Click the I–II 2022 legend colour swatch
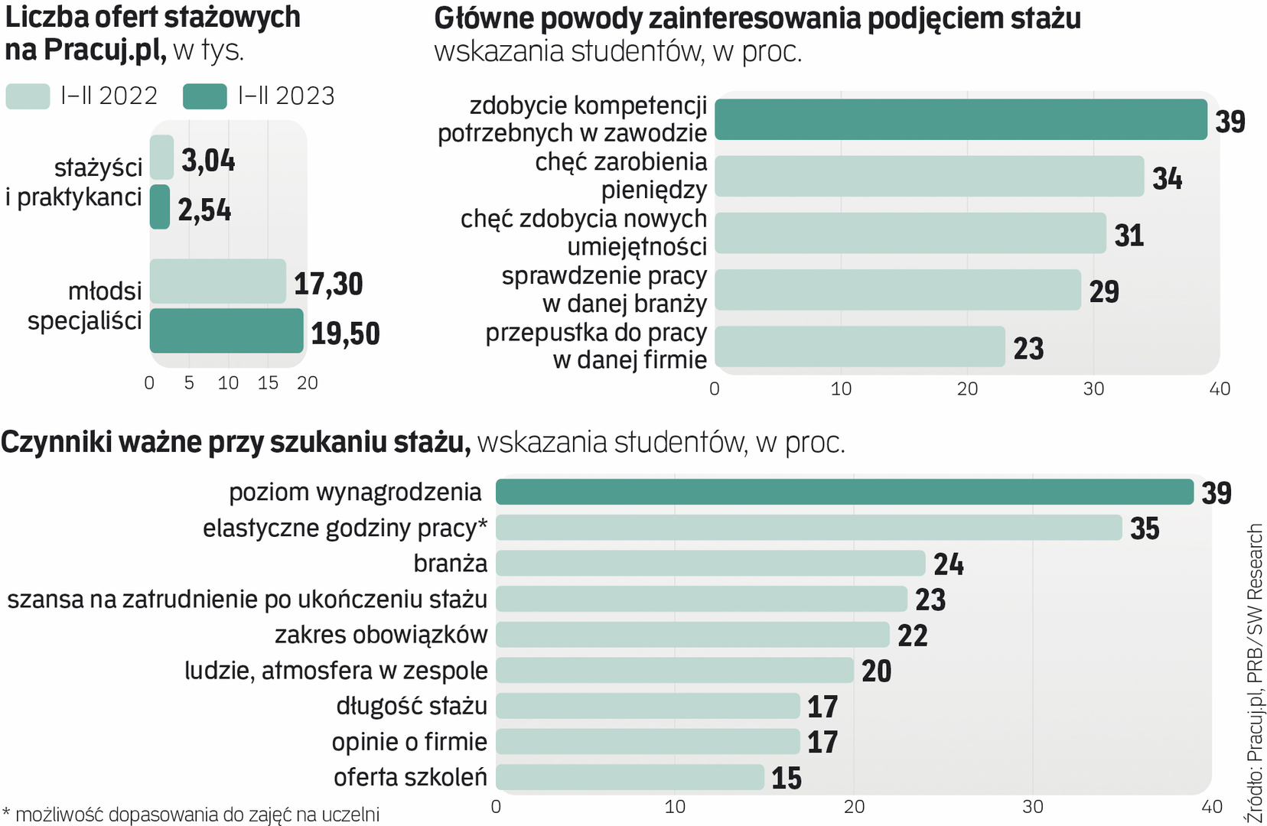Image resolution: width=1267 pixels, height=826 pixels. coord(28,96)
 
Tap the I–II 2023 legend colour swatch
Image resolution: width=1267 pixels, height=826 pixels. coord(205,96)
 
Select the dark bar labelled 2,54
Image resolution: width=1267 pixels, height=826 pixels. coord(160,207)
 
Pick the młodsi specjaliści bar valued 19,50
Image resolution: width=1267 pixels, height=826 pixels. coord(226,330)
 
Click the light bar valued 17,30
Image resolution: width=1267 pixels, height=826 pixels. coord(218,281)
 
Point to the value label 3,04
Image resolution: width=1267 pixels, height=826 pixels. coord(208,161)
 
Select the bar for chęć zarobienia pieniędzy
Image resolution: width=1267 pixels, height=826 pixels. coord(929,177)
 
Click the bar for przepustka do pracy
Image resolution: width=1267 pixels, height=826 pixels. coord(859,346)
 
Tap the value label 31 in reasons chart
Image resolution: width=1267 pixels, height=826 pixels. coord(1129,236)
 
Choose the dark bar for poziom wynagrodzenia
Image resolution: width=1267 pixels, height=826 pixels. coord(844,492)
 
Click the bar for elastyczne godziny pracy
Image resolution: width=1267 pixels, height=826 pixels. coord(809,528)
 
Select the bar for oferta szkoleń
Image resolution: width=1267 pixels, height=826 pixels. coord(630,777)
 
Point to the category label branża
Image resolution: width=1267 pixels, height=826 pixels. coord(450,563)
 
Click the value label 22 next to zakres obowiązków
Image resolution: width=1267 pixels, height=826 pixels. coord(912,636)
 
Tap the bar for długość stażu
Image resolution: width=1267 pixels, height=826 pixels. coord(647,706)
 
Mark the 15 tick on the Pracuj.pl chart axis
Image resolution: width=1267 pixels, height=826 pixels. coord(268,383)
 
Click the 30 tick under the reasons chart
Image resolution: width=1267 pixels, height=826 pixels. coord(1093,389)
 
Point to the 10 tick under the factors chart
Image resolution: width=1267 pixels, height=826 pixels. coord(675,807)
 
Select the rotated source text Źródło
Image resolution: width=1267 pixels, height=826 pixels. coord(1255,802)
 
